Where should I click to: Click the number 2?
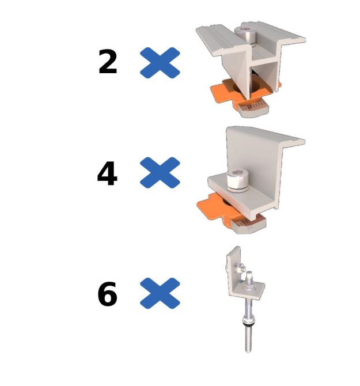[108, 62]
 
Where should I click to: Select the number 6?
[108, 294]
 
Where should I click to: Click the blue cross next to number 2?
[160, 62]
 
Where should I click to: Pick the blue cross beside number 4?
[160, 173]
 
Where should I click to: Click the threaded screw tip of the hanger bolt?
[248, 343]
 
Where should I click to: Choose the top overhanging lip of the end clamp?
[291, 140]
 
